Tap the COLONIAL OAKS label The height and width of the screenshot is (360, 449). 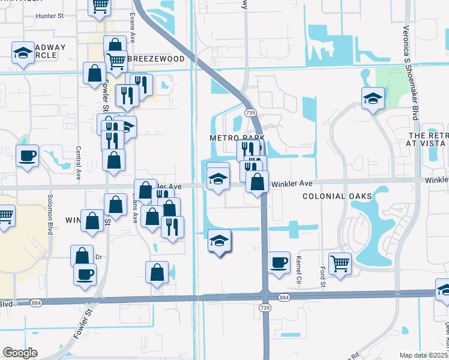(x=337, y=196)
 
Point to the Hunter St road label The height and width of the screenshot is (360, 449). (x=49, y=16)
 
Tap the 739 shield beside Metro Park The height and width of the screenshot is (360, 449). (x=250, y=112)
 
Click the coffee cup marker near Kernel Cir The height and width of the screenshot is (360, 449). (x=279, y=263)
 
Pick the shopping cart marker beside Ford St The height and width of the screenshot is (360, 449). (x=340, y=263)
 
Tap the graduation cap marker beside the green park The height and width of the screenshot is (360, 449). (x=373, y=98)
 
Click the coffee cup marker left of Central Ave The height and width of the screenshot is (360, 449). (x=27, y=156)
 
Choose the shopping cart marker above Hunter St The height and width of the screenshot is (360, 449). (x=100, y=6)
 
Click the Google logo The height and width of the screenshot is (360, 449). (x=20, y=352)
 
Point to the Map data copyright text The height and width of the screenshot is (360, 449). (x=424, y=355)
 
